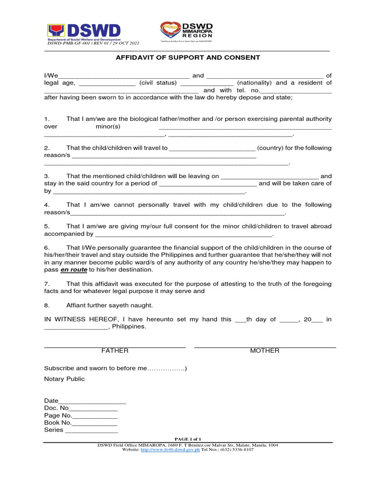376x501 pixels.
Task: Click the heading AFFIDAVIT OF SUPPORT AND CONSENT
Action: click(x=188, y=58)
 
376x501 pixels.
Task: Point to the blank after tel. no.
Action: click(x=296, y=91)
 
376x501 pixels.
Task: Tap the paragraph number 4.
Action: click(x=47, y=205)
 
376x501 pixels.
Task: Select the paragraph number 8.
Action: click(x=47, y=305)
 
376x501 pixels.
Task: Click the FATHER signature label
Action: click(x=115, y=351)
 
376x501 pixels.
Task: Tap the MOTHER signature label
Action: click(x=265, y=351)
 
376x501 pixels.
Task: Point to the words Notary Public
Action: click(x=64, y=379)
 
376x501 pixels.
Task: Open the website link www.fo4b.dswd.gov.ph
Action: click(x=170, y=450)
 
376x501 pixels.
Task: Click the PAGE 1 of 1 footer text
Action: click(x=188, y=439)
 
